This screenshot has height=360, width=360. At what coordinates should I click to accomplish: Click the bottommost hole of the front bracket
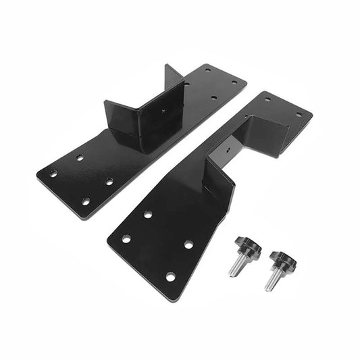click(x=170, y=276)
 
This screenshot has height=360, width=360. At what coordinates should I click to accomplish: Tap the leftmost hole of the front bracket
click(x=126, y=238)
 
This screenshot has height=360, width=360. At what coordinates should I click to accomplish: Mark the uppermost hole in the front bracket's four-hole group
click(x=147, y=214)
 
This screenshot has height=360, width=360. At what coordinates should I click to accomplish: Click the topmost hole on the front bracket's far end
click(x=267, y=99)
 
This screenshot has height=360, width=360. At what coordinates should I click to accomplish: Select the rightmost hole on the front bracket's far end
click(x=298, y=114)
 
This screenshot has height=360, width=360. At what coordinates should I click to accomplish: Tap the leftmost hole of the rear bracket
click(x=53, y=174)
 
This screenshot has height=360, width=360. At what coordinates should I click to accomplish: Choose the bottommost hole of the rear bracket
click(x=85, y=201)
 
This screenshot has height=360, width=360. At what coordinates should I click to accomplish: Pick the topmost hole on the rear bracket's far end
click(x=207, y=69)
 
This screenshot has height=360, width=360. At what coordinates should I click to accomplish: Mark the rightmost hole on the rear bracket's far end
click(x=235, y=82)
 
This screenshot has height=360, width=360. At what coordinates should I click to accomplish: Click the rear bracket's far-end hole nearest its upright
click(x=187, y=83)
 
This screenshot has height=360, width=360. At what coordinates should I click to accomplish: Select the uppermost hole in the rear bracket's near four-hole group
click(x=80, y=157)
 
